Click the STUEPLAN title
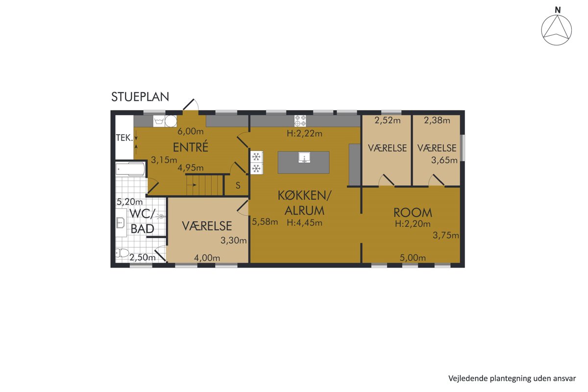140,97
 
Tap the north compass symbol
556,29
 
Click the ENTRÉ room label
191,147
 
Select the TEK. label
124,138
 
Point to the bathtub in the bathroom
130,169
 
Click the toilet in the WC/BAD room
122,253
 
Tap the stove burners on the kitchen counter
300,121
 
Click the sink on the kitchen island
304,158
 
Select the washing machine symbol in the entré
159,122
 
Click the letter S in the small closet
238,185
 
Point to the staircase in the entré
204,185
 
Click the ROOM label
413,213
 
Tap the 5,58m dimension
265,222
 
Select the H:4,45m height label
304,222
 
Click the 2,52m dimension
388,121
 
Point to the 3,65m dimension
444,160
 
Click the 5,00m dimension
413,258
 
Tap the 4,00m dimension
207,258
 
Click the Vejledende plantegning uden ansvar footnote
512,378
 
